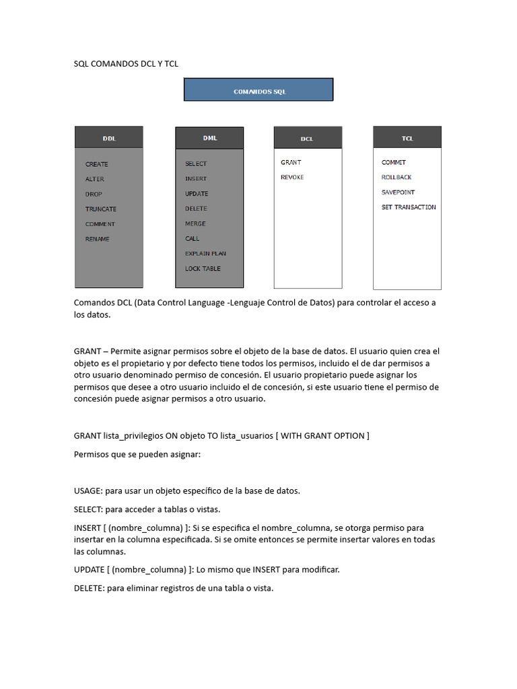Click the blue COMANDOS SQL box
pyautogui.click(x=258, y=90)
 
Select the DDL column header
pyautogui.click(x=108, y=138)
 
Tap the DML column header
pyautogui.click(x=209, y=138)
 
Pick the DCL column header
pyautogui.click(x=307, y=139)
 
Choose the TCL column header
pyautogui.click(x=407, y=138)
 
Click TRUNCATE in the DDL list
pyautogui.click(x=101, y=209)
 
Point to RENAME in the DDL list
pyautogui.click(x=98, y=239)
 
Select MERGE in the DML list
pyautogui.click(x=196, y=223)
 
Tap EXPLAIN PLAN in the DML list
pyautogui.click(x=206, y=254)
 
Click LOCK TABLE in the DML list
pyautogui.click(x=203, y=268)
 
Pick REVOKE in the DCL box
pyautogui.click(x=292, y=177)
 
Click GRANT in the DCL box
pyautogui.click(x=291, y=162)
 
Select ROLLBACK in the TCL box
pyautogui.click(x=397, y=177)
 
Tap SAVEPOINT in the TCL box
pyautogui.click(x=399, y=192)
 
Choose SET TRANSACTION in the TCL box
pyautogui.click(x=409, y=207)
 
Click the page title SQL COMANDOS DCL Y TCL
pyautogui.click(x=126, y=64)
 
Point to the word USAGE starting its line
pyautogui.click(x=88, y=491)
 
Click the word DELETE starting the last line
pyautogui.click(x=88, y=588)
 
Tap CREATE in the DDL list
pyautogui.click(x=97, y=164)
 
